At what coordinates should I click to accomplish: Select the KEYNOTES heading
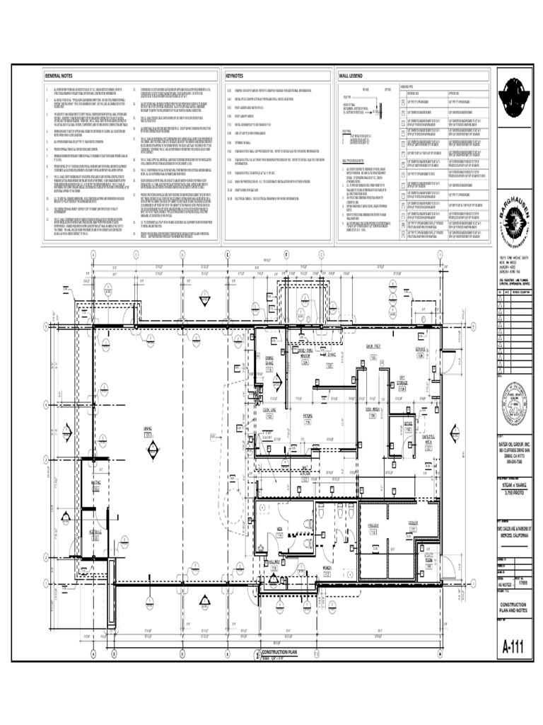(234, 75)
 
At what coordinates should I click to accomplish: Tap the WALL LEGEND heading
(351, 75)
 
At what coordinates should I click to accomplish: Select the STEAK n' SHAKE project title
(515, 488)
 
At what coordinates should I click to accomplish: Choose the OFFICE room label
(408, 423)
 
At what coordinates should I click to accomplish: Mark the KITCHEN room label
(308, 416)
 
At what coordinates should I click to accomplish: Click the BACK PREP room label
(373, 346)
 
